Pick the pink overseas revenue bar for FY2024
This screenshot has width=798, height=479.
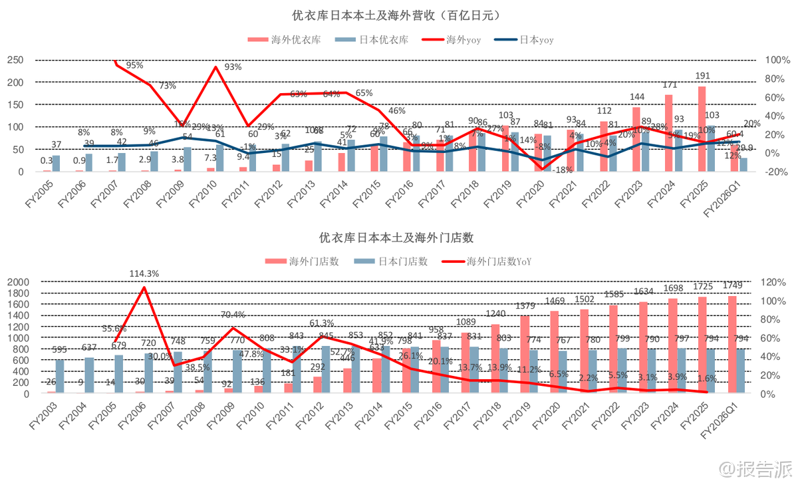pyautogui.click(x=668, y=133)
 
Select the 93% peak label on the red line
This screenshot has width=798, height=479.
pyautogui.click(x=233, y=67)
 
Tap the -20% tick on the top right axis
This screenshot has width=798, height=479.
pyautogui.click(x=777, y=172)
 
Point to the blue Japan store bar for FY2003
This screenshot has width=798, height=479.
pyautogui.click(x=60, y=377)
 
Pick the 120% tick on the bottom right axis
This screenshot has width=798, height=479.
pyautogui.click(x=775, y=282)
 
